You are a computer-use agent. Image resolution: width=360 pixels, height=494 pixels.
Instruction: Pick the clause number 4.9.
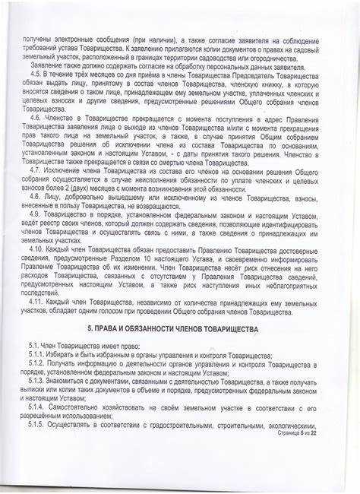35,215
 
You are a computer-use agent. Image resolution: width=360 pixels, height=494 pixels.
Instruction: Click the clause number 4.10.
36,249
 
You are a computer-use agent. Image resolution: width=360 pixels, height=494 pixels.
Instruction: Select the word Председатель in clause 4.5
244,75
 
